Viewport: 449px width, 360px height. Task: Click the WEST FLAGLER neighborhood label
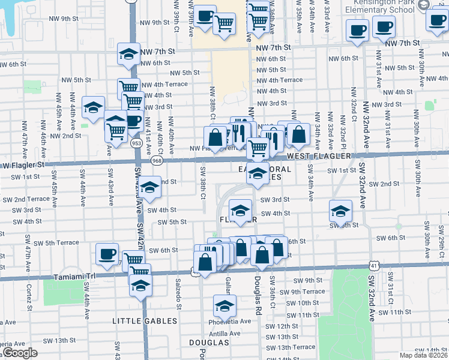coord(318,156)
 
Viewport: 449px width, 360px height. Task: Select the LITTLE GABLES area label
coord(145,321)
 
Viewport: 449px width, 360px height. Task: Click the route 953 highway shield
coord(136,144)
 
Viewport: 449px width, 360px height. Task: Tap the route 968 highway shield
coord(157,160)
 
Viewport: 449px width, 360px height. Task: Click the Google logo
coord(19,353)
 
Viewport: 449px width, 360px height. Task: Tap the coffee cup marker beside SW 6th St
coord(107,254)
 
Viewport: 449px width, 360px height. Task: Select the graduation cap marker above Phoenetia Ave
coord(224,306)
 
